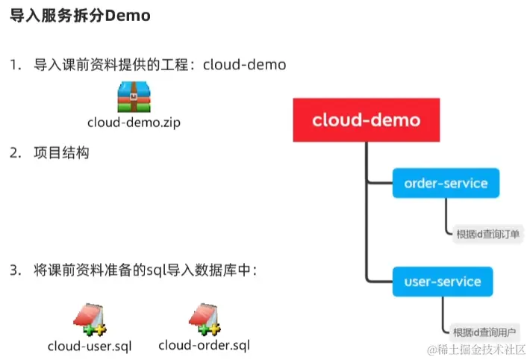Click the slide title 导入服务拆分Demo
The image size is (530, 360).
pos(81,17)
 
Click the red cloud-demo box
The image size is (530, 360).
pos(366,120)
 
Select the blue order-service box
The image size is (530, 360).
pos(445,183)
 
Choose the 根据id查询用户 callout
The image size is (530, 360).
pos(486,332)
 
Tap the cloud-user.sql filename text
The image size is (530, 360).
pos(90,346)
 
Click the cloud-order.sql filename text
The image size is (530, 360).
pos(204,346)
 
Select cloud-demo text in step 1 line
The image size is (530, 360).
pos(245,65)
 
